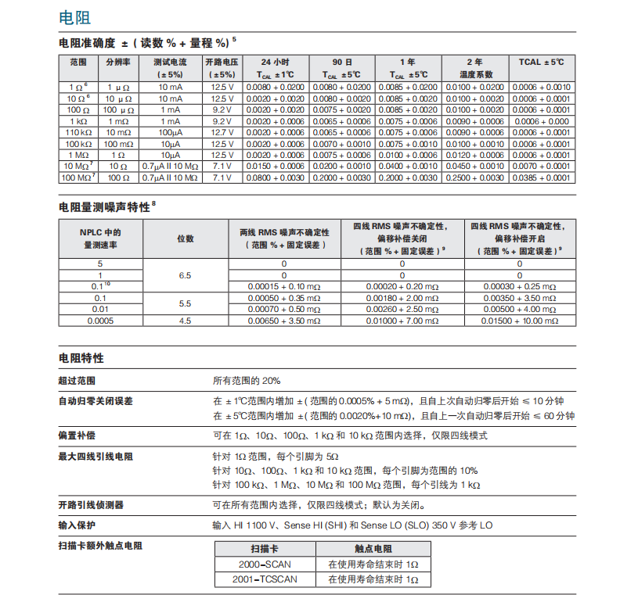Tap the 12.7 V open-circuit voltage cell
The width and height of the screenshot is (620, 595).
222,133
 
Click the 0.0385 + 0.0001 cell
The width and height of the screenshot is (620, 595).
541,177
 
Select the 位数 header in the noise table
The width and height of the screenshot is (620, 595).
186,238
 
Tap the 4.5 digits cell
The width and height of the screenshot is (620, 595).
186,320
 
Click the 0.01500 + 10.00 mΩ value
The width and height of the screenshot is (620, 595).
519,320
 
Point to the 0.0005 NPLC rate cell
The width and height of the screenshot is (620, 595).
99,320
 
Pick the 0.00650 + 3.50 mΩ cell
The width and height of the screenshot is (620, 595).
284,320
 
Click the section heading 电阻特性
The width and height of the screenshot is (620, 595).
81,358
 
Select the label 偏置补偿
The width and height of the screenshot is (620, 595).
77,434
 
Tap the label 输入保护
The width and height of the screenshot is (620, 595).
77,525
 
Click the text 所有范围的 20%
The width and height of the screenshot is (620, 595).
247,381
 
